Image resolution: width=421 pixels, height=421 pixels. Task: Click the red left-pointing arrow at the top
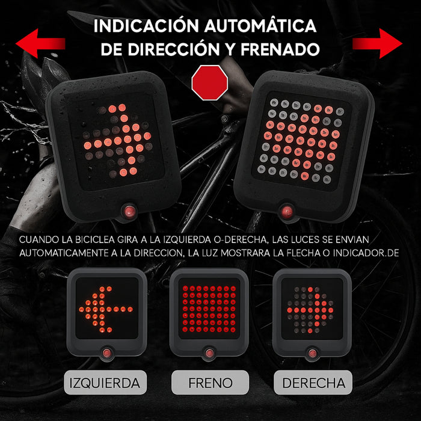pos(40,43)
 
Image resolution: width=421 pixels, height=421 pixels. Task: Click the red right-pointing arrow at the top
pos(377,43)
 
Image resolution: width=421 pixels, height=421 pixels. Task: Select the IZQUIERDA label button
pos(105,383)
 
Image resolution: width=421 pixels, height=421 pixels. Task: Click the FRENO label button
pos(210,383)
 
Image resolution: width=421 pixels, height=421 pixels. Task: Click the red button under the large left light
pos(128,210)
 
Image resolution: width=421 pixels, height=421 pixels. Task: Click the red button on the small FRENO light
pos(209,352)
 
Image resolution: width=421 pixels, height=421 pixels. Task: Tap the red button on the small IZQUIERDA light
pos(107,352)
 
